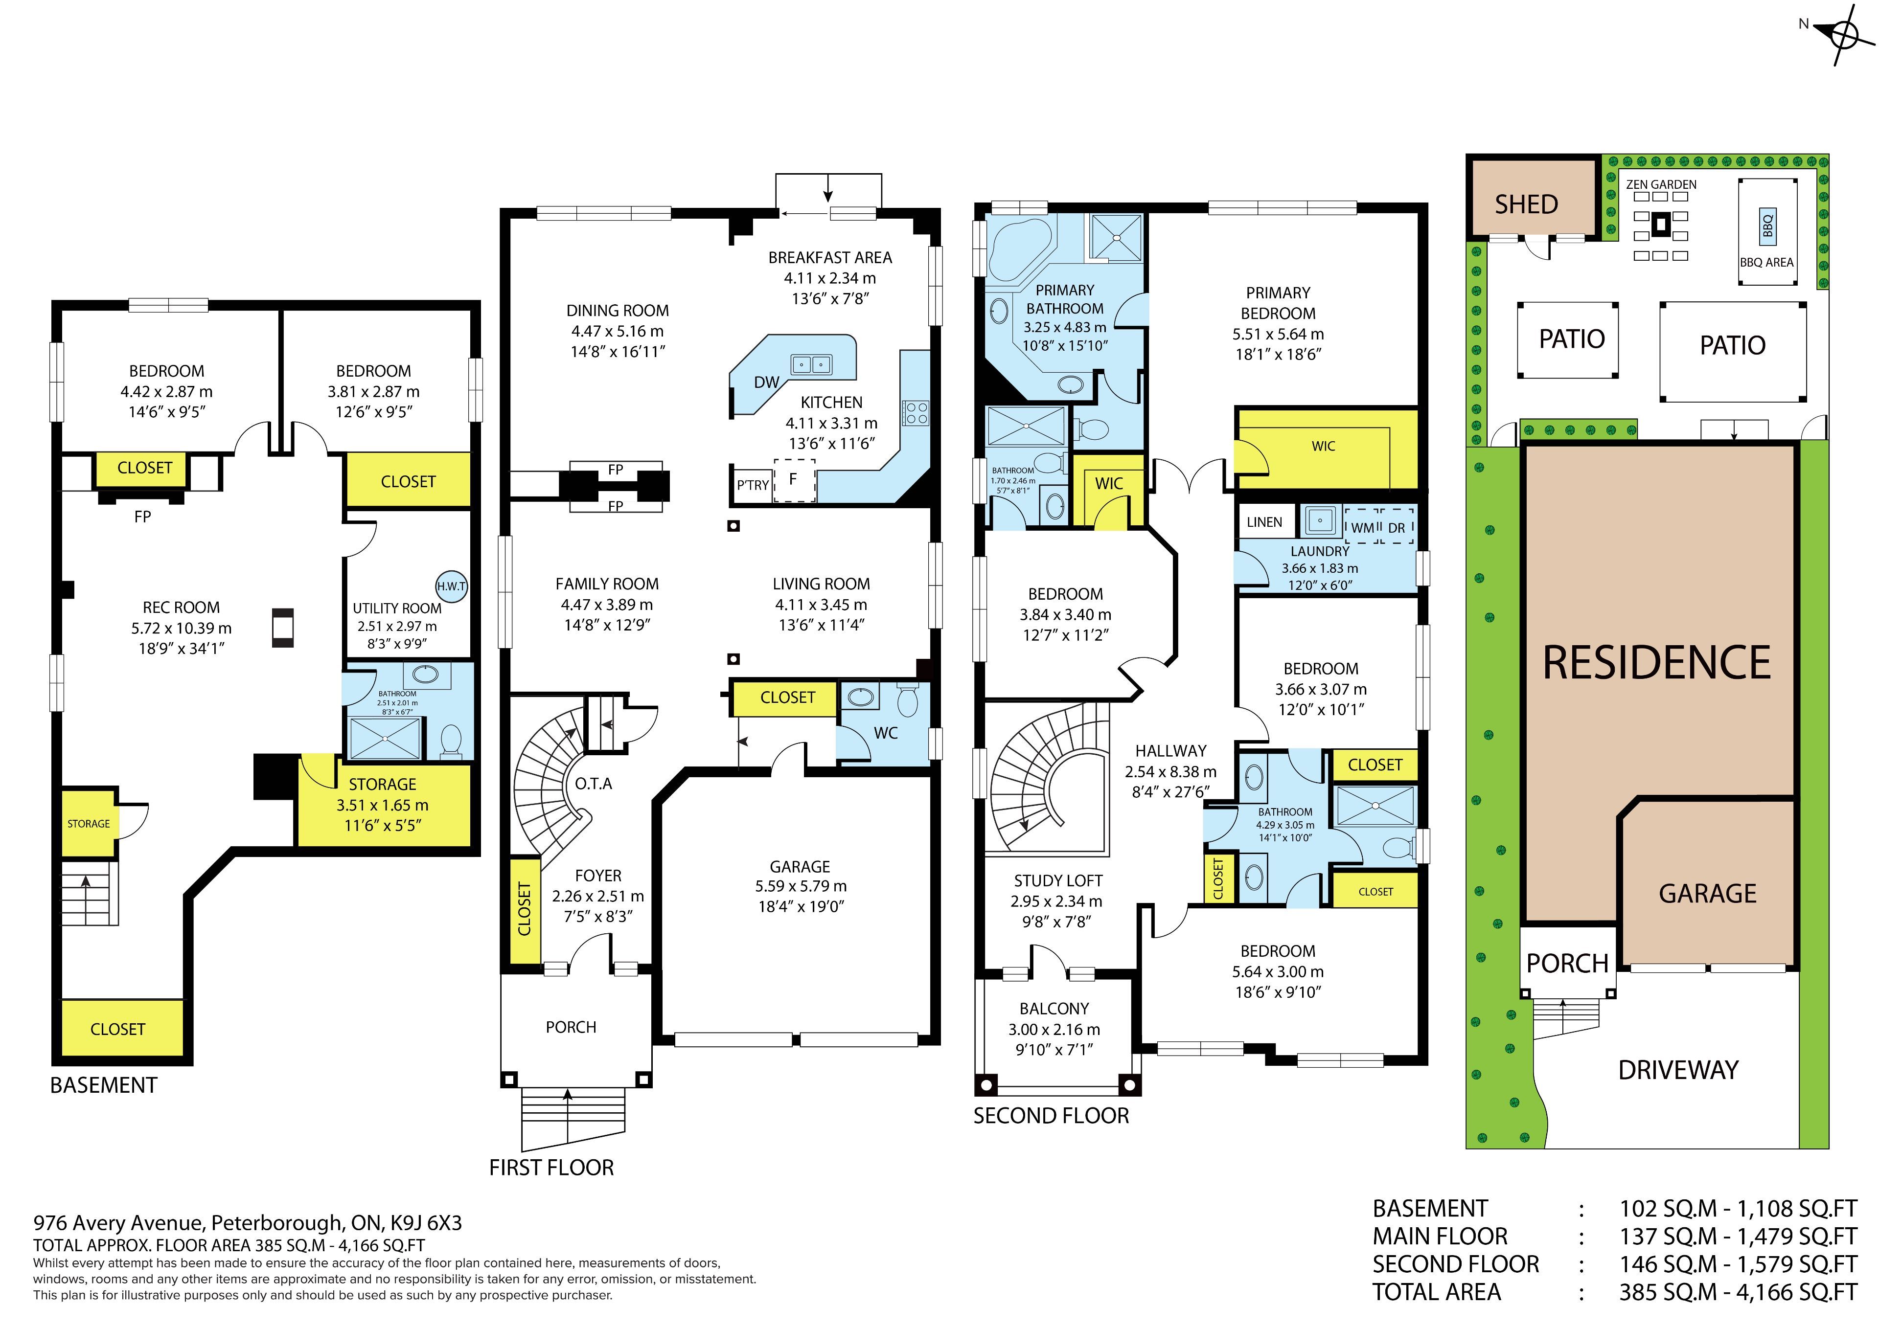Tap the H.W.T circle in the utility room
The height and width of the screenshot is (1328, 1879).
click(x=451, y=586)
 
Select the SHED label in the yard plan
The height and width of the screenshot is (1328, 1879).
click(x=1526, y=204)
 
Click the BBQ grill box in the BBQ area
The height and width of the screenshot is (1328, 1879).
click(x=1768, y=225)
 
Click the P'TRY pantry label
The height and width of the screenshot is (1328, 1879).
click(x=752, y=485)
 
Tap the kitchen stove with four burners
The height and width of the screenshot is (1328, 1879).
click(x=916, y=412)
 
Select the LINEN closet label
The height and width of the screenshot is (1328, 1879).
click(x=1264, y=522)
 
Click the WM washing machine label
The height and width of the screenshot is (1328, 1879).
click(x=1363, y=528)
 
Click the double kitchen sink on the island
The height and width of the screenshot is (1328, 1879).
click(x=810, y=364)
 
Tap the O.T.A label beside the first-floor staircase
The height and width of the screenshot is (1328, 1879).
click(x=594, y=784)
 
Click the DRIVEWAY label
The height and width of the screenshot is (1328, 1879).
click(x=1678, y=1070)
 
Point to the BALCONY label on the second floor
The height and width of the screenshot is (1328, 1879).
click(x=1054, y=1009)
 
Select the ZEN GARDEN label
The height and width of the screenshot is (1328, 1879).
click(x=1661, y=185)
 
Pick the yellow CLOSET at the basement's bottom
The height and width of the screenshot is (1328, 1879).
click(x=118, y=1029)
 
